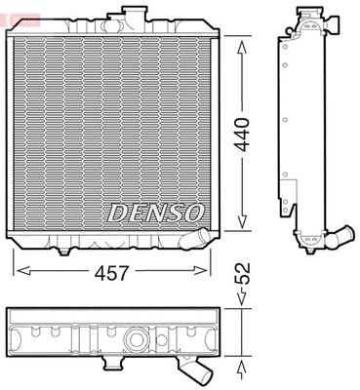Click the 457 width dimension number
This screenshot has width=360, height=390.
point(112,272)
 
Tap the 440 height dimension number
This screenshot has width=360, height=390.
point(242,135)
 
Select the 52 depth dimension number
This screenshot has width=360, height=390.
point(242,273)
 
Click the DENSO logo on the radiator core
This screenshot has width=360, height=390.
point(155,214)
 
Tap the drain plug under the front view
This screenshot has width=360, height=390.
point(64,252)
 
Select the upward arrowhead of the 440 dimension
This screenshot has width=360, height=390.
point(242,50)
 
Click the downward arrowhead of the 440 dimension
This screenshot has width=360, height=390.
point(242,221)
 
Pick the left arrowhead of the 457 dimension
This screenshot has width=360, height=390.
point(23,270)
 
